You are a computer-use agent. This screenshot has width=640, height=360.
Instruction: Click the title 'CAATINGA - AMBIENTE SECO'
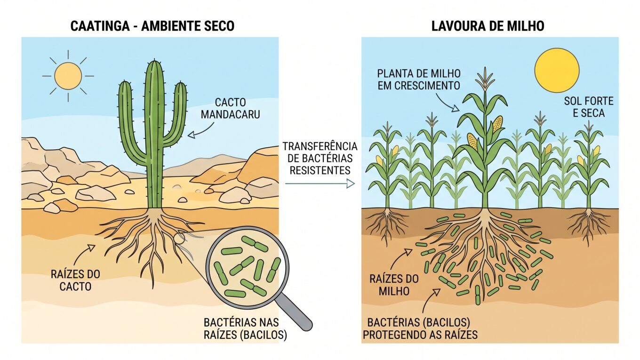coord(152,26)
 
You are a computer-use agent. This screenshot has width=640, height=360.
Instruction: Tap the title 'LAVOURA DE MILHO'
coord(488,26)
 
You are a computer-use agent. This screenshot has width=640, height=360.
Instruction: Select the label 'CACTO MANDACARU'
coord(230,108)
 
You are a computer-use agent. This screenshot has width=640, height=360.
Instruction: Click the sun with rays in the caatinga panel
coord(68,76)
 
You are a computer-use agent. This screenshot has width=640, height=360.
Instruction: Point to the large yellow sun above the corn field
coord(557,70)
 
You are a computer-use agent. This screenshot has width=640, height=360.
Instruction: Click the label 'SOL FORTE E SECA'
coord(589,107)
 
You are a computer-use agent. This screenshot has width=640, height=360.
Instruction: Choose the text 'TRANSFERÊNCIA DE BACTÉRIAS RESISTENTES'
coord(320,158)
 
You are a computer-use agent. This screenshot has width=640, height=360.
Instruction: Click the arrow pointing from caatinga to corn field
coord(320,184)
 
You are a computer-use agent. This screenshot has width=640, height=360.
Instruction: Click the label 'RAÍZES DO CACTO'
coord(75,280)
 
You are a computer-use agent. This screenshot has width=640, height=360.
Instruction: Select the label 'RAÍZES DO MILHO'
coord(394,285)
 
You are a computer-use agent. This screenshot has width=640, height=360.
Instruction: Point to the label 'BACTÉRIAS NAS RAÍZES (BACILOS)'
coord(245,328)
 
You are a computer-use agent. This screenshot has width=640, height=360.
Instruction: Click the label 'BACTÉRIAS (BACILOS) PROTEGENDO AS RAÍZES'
coord(420,328)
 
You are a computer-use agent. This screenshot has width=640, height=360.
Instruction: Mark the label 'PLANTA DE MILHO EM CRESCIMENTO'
coord(419,80)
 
